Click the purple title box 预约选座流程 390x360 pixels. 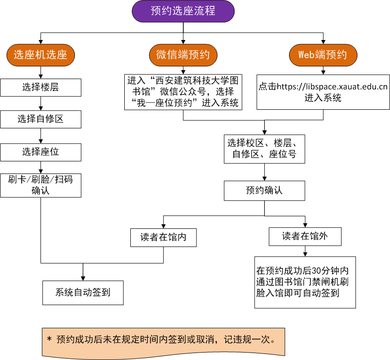[x=183, y=11]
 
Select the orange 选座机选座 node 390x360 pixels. [x=40, y=55]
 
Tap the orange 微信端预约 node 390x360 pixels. [x=183, y=55]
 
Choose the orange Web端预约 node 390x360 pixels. [x=323, y=55]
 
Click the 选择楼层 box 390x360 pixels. [x=40, y=87]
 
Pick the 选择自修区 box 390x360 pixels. [x=40, y=120]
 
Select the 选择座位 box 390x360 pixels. [x=40, y=152]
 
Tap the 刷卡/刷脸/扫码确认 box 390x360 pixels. [x=40, y=185]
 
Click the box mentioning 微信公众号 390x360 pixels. [x=183, y=92]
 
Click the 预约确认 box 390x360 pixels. [x=264, y=191]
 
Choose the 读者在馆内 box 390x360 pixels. [x=163, y=237]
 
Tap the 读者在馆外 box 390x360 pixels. [x=305, y=237]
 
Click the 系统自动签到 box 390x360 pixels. [x=83, y=293]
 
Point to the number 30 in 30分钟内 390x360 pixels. [x=315, y=271]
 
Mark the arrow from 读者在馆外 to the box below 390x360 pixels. [x=305, y=251]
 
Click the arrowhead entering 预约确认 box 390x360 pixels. [x=264, y=179]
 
